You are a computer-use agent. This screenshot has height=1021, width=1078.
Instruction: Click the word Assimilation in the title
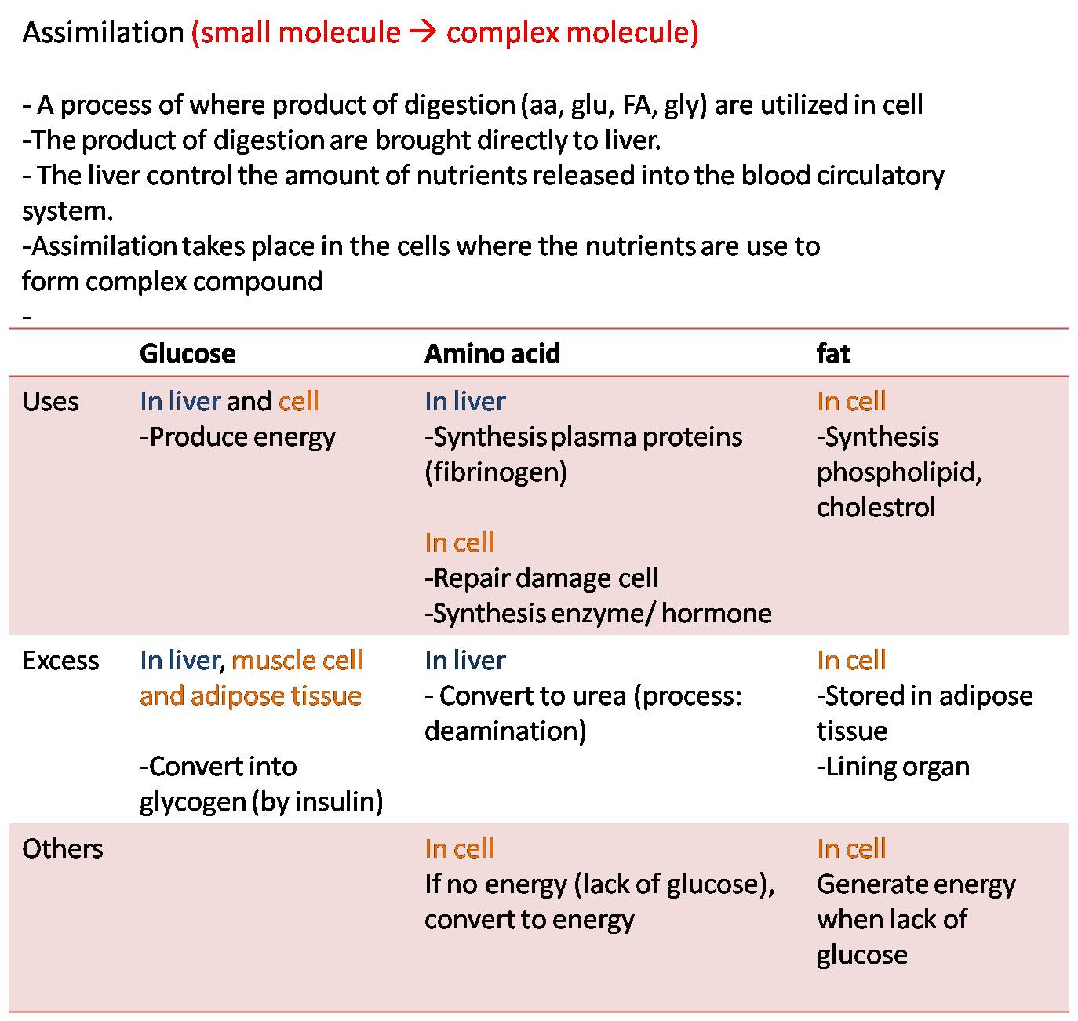[x=103, y=33]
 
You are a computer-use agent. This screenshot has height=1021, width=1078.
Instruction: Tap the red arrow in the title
[x=423, y=33]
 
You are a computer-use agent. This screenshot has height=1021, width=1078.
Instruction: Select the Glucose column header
[x=188, y=353]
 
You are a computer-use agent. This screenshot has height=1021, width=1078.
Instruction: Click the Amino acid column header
[x=492, y=353]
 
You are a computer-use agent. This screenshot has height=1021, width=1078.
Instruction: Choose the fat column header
[x=832, y=353]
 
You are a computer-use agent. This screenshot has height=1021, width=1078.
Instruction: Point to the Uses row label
[x=50, y=402]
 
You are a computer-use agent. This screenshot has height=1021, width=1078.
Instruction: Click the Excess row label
[x=60, y=661]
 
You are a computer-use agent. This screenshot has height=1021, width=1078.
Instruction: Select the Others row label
[x=62, y=849]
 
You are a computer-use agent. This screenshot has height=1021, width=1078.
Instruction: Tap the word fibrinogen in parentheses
[x=496, y=472]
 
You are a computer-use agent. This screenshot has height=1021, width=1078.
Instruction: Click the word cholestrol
[x=876, y=508]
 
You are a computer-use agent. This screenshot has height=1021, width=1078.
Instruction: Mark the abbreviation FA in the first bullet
[x=639, y=105]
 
